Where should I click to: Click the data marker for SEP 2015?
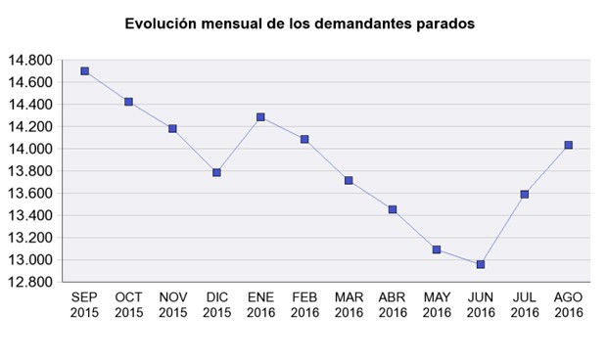(x=85, y=71)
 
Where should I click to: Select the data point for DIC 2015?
(x=216, y=172)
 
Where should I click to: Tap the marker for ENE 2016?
(x=260, y=117)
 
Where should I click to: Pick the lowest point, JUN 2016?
(x=481, y=264)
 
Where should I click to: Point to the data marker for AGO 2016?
(x=569, y=145)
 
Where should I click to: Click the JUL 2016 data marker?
(x=525, y=194)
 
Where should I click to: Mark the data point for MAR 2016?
(x=349, y=180)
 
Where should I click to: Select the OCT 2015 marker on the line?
(x=128, y=102)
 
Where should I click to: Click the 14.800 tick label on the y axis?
(x=29, y=61)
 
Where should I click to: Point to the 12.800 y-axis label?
(x=29, y=282)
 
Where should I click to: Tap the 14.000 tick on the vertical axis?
(x=29, y=149)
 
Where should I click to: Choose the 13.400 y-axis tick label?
(x=29, y=215)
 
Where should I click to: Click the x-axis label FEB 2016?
(x=304, y=305)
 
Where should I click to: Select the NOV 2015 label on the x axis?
(x=172, y=305)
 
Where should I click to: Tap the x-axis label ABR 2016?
(x=393, y=305)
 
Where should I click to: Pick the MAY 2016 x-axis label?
(x=437, y=305)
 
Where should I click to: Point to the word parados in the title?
(x=446, y=23)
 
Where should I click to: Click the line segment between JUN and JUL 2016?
(x=503, y=229)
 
